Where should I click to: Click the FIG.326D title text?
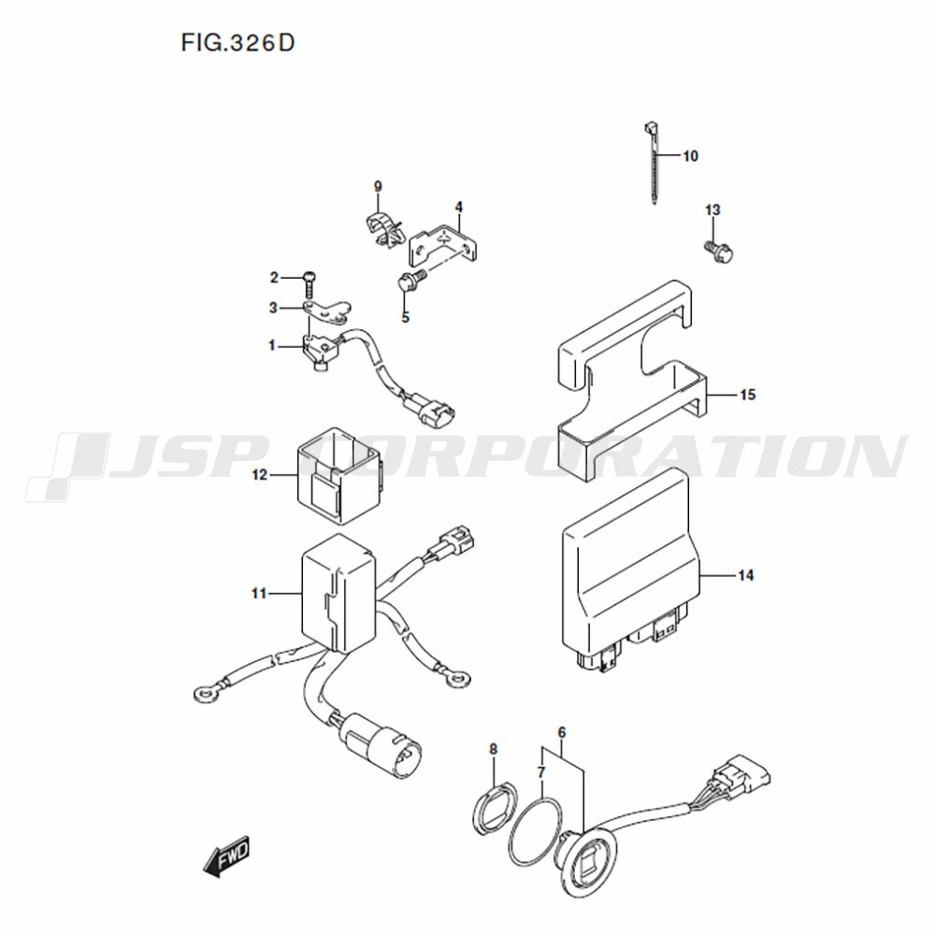point(237,43)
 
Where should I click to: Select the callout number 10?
point(690,156)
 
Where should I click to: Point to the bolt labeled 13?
point(719,251)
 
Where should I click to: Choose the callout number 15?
point(748,395)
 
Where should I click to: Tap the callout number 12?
point(260,475)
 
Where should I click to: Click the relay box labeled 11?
point(338,594)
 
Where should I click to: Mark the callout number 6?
point(562,732)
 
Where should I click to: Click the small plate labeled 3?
point(326,310)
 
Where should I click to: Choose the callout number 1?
point(272,346)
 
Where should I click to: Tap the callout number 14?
point(746,575)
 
